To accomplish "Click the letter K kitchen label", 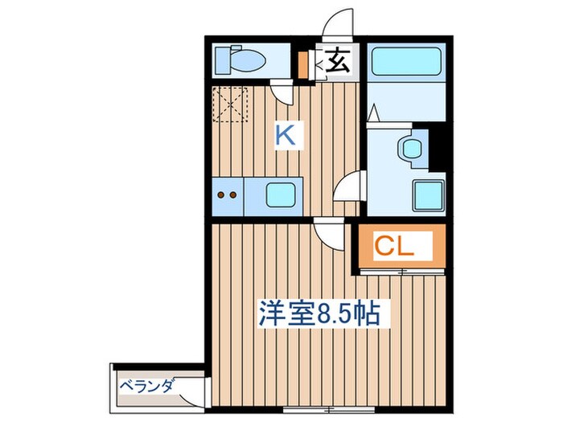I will pos(286,134).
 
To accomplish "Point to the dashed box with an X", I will pos(232,104).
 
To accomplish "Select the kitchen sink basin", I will pos(281,194).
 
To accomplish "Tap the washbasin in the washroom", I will pos(412,149).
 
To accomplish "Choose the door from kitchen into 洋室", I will pos(328,234).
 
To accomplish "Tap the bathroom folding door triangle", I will pos(372,115).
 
